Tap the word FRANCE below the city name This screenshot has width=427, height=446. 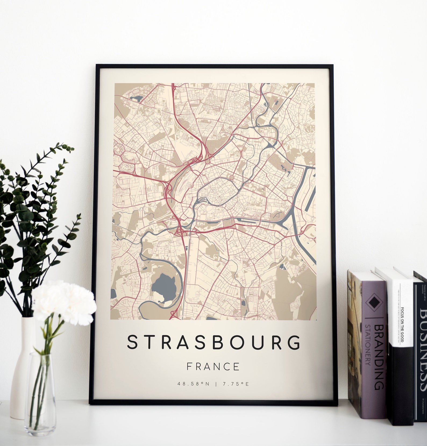pyautogui.click(x=213, y=366)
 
